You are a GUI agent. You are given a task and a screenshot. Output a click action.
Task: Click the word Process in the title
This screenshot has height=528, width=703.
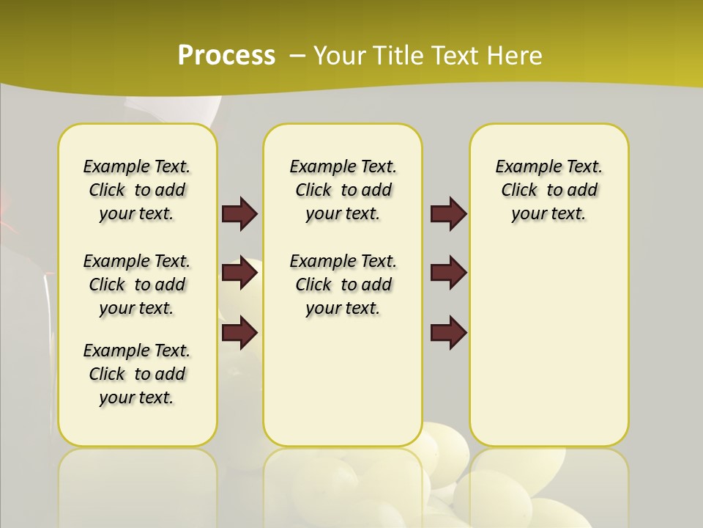click(x=226, y=55)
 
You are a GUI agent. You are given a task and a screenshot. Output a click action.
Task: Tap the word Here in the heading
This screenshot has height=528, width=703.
click(x=516, y=55)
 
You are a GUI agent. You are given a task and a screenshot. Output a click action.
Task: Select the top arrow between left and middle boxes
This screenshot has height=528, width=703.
click(x=239, y=213)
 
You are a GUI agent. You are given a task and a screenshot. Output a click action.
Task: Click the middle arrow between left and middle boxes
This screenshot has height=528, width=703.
click(x=239, y=273)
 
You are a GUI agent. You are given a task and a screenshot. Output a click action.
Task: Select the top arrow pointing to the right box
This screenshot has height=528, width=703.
click(x=448, y=213)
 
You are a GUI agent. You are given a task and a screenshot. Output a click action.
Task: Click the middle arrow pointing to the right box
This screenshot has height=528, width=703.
click(x=448, y=273)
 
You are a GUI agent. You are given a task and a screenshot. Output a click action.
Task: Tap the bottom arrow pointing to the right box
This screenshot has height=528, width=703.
click(x=448, y=332)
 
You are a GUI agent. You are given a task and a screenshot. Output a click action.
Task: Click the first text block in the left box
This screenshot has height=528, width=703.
click(x=137, y=190)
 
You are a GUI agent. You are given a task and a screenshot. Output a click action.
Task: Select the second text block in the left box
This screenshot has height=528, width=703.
click(x=137, y=285)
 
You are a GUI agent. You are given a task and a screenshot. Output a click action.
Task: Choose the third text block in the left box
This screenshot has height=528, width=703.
click(x=137, y=374)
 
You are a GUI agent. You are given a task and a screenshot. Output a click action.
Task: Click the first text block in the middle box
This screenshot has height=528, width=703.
click(x=343, y=190)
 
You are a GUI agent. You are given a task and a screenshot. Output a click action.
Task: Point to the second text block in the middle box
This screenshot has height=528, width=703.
click(x=343, y=285)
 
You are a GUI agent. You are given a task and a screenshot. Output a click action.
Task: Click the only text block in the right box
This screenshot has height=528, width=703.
click(x=549, y=190)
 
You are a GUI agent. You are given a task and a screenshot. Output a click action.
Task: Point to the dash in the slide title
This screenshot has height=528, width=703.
click(x=297, y=55)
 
